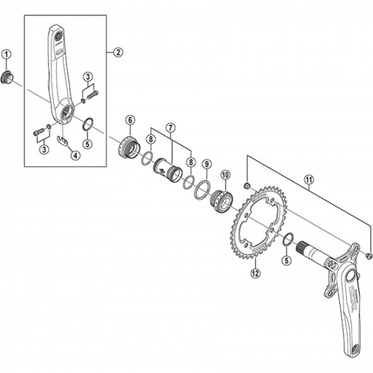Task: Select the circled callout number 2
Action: [x=117, y=52]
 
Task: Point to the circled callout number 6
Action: [x=130, y=120]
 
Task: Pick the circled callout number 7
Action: [x=170, y=127]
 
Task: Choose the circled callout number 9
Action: [x=207, y=164]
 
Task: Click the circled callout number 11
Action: [x=311, y=179]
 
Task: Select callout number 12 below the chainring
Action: [x=255, y=273]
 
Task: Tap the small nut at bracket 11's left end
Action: [x=248, y=186]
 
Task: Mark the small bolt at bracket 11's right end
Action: [x=368, y=256]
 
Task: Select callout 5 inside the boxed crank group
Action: [x=86, y=144]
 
